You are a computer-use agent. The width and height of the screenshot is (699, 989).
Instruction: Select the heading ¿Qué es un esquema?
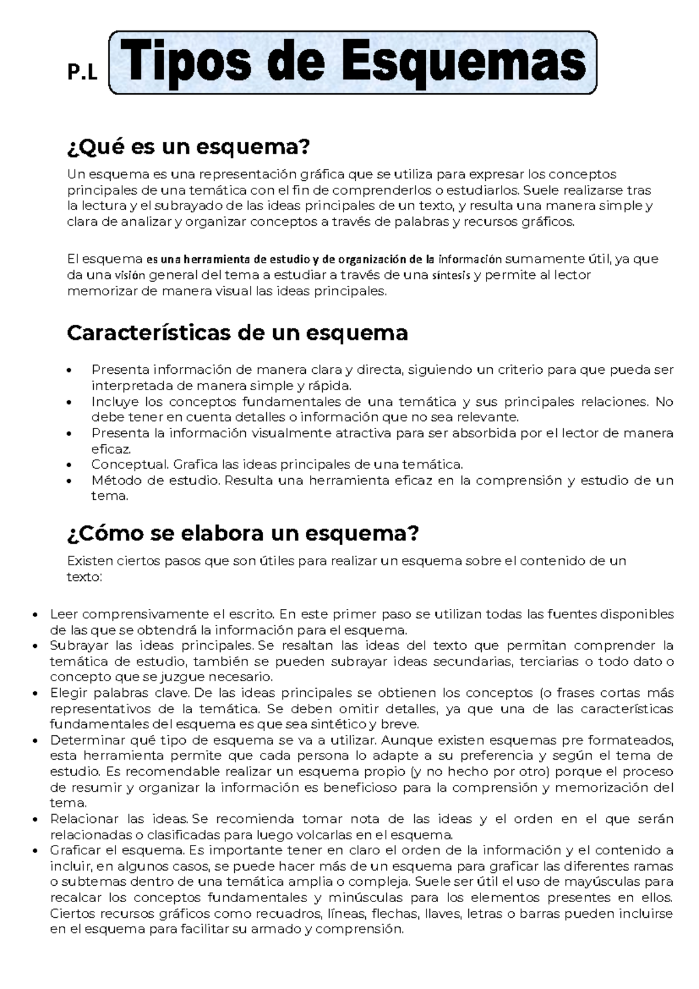coord(188,147)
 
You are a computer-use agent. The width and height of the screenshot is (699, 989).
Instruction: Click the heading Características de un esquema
coord(237,333)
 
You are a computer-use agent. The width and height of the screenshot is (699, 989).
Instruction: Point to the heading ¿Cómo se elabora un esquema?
coord(243,533)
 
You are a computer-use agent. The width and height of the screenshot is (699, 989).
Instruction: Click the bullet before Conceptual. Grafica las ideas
coord(70,465)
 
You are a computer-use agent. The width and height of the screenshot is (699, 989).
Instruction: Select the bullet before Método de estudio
coord(70,481)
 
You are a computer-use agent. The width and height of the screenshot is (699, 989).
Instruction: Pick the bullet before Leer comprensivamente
coord(37,615)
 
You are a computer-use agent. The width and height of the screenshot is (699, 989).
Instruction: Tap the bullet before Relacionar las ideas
coord(37,819)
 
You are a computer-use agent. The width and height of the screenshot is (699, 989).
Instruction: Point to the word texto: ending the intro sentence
coord(84,577)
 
